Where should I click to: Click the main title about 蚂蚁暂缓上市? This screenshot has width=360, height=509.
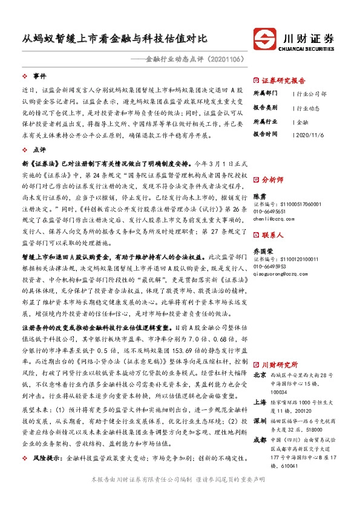point(111,38)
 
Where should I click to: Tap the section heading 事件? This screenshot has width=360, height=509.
point(39,76)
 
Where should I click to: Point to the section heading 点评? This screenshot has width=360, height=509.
point(39,149)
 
